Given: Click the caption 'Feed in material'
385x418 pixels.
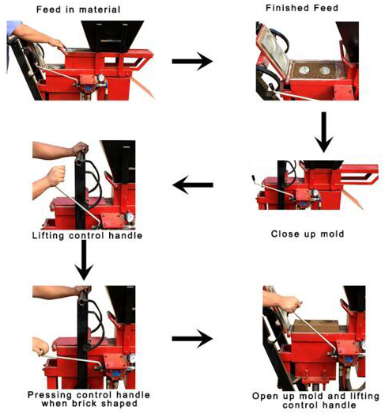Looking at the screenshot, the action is [78, 9].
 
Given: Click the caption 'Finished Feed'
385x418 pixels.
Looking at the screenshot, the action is [302, 8].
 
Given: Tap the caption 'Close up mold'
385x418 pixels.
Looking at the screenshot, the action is [308, 234].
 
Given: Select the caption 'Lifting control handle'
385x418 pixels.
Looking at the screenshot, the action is [87, 236].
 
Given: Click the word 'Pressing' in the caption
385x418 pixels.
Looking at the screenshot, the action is [50, 395].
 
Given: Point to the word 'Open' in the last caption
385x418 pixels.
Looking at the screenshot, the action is [263, 397].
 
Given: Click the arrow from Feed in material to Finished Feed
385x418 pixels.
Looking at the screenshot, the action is [192, 61].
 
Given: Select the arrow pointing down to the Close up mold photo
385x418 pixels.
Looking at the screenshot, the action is [324, 132].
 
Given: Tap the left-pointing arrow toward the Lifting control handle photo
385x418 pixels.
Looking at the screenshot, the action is [193, 184].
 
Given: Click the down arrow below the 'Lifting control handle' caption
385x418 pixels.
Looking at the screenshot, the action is [84, 260].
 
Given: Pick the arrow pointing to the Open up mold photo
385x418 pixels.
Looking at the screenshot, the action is [192, 339].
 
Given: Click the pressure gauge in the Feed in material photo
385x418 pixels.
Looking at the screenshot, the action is [101, 78].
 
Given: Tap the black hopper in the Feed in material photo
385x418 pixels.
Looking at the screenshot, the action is [112, 36].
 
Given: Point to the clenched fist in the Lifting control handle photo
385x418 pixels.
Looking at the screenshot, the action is [56, 176].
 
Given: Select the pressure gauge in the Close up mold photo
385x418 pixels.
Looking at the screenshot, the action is [315, 193].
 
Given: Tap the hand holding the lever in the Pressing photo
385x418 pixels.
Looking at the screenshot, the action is [40, 347].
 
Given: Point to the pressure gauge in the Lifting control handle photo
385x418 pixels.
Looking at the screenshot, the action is [130, 217].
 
